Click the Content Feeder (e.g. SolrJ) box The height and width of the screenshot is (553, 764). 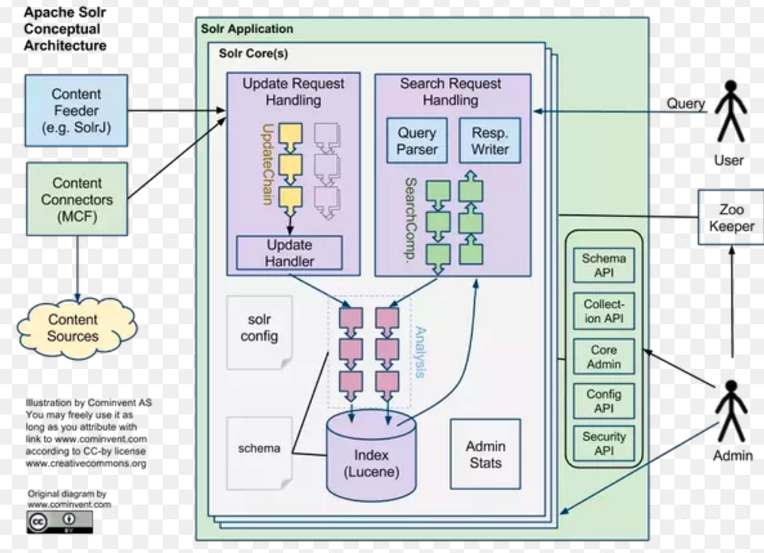[x=76, y=110]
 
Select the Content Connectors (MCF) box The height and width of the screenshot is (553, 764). [x=76, y=200]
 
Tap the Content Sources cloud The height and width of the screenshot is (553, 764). [x=73, y=328]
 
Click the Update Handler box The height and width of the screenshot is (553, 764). [x=289, y=253]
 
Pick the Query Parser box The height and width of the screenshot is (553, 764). [x=416, y=141]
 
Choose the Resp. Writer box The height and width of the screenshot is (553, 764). [x=489, y=141]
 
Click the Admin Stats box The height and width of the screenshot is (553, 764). [x=485, y=454]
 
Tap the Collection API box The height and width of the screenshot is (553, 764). [x=603, y=311]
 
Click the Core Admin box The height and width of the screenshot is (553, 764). [x=603, y=356]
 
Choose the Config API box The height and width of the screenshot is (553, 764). [x=603, y=402]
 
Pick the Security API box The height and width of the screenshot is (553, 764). [x=603, y=444]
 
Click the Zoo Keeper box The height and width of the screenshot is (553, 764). [x=730, y=217]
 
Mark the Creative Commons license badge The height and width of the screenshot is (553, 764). [x=59, y=522]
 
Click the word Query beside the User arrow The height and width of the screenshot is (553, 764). [x=685, y=103]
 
